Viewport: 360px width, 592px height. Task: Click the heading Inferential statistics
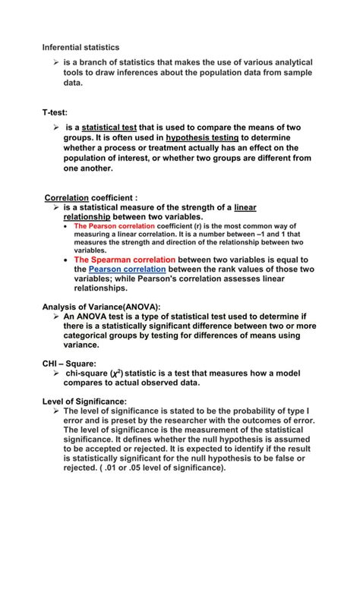[81, 48]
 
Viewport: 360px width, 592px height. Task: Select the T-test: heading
[55, 112]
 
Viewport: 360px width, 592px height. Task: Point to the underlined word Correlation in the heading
[66, 197]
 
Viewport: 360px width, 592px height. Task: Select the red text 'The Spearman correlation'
[121, 259]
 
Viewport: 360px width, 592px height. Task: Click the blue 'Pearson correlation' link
[127, 269]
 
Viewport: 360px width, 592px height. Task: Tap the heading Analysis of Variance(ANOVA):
[102, 306]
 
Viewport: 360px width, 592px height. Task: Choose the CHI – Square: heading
[69, 364]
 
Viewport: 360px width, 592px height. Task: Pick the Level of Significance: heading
[84, 401]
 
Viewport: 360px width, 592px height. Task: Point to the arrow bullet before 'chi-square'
[56, 373]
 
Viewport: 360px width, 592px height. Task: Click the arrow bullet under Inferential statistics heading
[56, 62]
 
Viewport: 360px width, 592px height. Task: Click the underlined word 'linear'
[245, 206]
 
